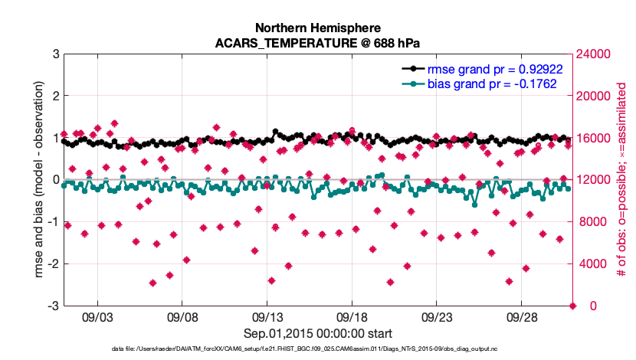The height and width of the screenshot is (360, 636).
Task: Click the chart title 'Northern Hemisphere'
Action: (318, 27)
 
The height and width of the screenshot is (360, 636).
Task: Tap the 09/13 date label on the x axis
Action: (269, 316)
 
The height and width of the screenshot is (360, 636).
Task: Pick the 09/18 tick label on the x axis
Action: (354, 316)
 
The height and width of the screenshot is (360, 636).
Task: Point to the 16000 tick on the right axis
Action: (592, 139)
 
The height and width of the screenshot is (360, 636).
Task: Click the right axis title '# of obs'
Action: (622, 180)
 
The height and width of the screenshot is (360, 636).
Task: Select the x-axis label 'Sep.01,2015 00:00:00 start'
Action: (318, 333)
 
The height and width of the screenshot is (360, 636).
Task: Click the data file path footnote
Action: (318, 349)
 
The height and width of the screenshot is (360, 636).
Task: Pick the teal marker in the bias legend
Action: (413, 83)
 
